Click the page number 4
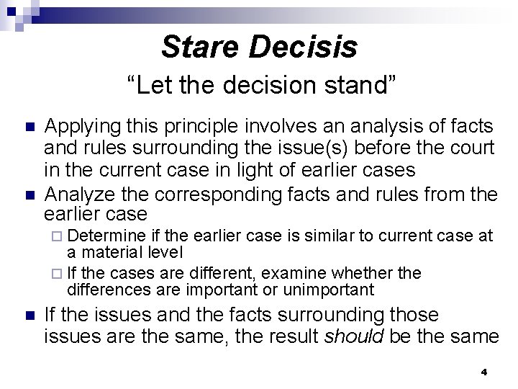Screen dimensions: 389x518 pyautogui.click(x=483, y=372)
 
